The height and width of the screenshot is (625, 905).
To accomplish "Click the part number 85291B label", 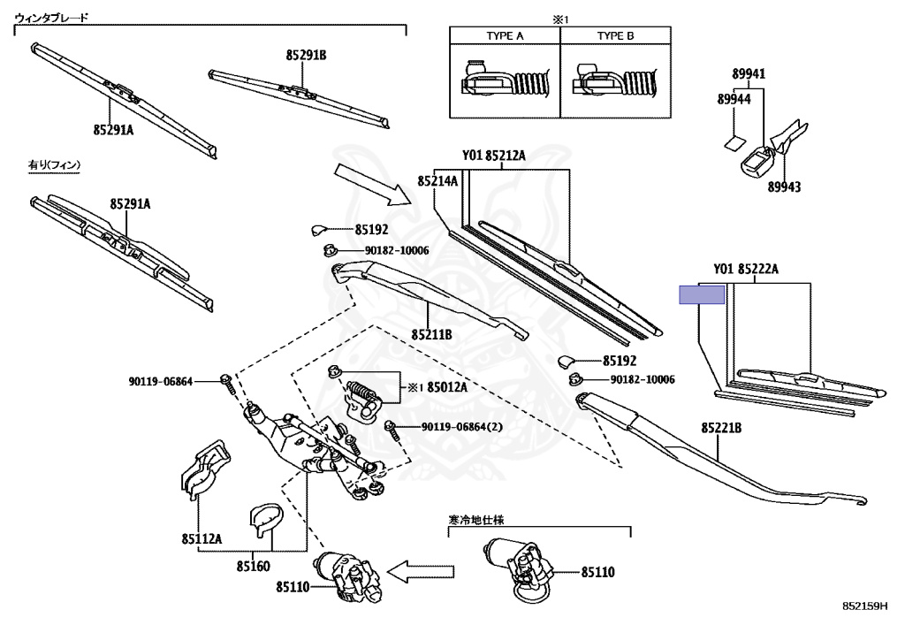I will tap(306, 56).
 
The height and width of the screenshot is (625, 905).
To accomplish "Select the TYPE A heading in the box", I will tap(505, 36).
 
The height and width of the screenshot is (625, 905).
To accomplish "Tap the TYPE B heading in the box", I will tap(615, 36).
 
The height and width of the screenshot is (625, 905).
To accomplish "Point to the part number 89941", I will tap(748, 74).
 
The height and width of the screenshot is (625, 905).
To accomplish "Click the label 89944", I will tap(734, 100).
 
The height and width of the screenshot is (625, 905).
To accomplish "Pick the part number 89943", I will tap(784, 187).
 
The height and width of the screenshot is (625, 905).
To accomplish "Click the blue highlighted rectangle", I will tap(701, 294).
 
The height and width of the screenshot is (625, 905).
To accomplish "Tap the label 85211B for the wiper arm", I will tap(431, 335).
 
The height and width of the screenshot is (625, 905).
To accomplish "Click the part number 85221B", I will tap(721, 428).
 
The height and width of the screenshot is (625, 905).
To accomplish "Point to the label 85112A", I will tap(202, 538).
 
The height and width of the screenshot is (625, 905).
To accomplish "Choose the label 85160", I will tap(253, 566).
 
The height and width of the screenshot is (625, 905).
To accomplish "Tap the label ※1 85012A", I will tap(437, 387).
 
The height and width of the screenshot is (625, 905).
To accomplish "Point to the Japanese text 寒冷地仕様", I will tap(481, 522).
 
